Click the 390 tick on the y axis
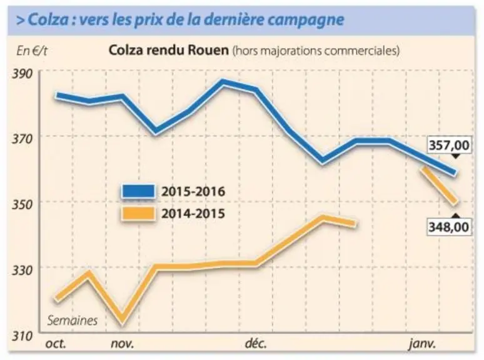(x=22, y=74)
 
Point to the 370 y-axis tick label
(x=22, y=139)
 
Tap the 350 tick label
(x=22, y=204)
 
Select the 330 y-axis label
(x=22, y=270)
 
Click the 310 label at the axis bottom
(x=22, y=336)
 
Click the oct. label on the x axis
(x=56, y=343)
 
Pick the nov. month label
(x=123, y=343)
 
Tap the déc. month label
(x=256, y=343)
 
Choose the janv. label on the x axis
(x=422, y=344)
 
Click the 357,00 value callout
(x=449, y=145)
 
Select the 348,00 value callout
(x=449, y=227)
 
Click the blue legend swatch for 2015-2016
(x=138, y=192)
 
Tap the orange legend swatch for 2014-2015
(x=138, y=214)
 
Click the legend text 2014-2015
(x=193, y=214)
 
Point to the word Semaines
(x=73, y=321)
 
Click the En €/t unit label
(x=32, y=51)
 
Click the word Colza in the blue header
(x=48, y=20)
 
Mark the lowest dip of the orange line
(x=123, y=320)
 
